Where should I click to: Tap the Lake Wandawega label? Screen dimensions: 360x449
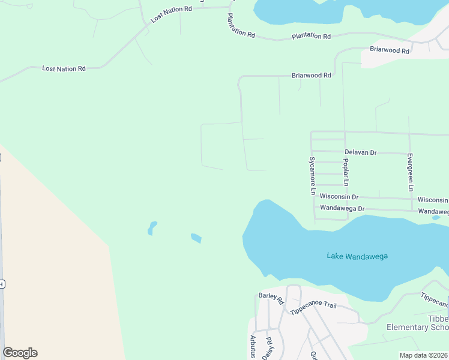pyautogui.click(x=357, y=256)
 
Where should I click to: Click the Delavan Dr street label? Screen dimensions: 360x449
pyautogui.click(x=360, y=153)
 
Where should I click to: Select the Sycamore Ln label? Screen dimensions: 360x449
pyautogui.click(x=312, y=176)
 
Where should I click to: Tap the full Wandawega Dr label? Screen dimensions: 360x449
pyautogui.click(x=342, y=208)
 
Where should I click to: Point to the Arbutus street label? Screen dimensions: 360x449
pyautogui.click(x=253, y=346)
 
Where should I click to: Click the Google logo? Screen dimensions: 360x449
pyautogui.click(x=20, y=353)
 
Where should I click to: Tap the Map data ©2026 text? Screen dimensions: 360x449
pyautogui.click(x=423, y=355)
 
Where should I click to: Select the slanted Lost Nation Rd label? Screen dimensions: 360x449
pyautogui.click(x=171, y=14)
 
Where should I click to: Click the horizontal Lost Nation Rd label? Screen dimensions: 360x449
pyautogui.click(x=64, y=69)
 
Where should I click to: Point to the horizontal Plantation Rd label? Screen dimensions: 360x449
pyautogui.click(x=311, y=37)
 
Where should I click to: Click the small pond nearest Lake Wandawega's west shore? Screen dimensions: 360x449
pyautogui.click(x=196, y=238)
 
